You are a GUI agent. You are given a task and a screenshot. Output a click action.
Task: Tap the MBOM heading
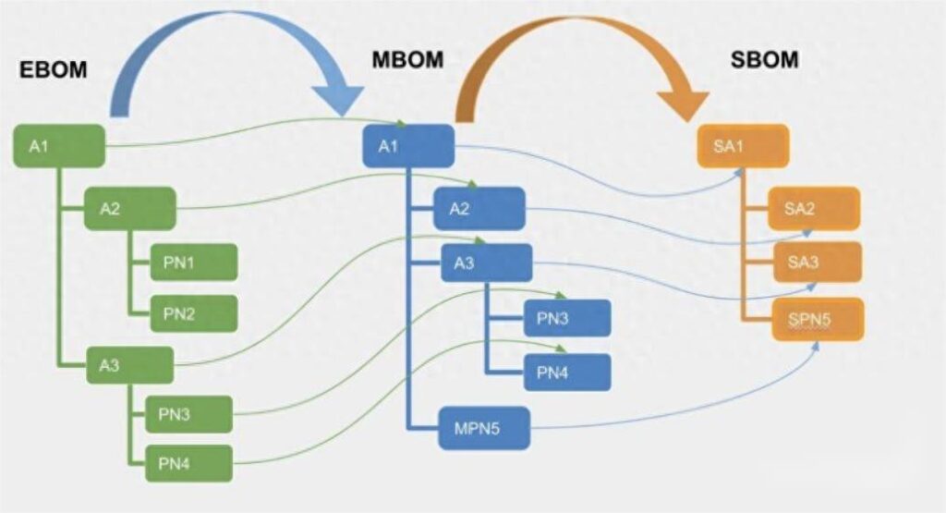coord(406,60)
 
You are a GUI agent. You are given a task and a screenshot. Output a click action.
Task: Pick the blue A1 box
coord(408,146)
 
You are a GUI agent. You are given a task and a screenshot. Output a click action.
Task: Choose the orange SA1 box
coord(743,146)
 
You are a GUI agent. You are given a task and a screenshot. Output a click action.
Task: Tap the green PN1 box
coord(193,263)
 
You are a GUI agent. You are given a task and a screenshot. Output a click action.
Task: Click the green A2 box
coord(129,208)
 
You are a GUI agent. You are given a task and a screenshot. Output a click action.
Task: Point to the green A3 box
coord(129,365)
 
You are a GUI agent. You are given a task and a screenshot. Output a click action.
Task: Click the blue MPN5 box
coord(485,427)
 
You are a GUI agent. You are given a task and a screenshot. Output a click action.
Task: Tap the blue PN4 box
coord(566,373)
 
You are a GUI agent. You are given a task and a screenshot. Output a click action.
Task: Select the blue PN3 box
coord(566,318)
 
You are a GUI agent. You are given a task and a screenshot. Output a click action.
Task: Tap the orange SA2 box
coord(814,209)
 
